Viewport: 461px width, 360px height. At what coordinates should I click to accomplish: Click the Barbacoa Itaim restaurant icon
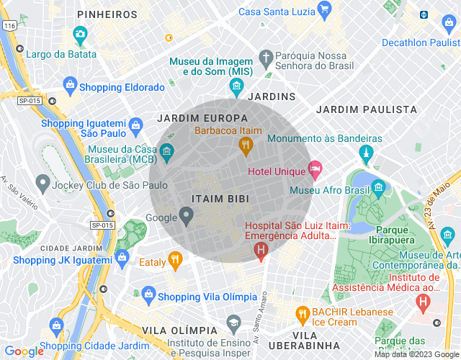(x=245, y=146)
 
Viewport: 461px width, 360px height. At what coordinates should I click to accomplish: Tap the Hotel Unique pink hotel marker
(x=314, y=169)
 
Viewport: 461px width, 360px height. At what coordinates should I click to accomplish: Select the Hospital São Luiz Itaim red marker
(x=261, y=250)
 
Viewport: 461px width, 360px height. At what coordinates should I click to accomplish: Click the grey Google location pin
(x=186, y=215)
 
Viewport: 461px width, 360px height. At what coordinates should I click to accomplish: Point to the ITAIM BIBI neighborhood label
(x=221, y=198)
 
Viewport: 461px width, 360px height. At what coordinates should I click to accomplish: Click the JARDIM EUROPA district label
(x=202, y=118)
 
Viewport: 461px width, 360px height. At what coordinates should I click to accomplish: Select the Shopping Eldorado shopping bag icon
(x=70, y=87)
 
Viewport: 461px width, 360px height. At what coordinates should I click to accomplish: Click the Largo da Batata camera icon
(x=80, y=34)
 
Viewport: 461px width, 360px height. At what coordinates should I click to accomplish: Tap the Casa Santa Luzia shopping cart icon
(x=324, y=9)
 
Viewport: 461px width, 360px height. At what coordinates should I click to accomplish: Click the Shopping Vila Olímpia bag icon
(x=148, y=294)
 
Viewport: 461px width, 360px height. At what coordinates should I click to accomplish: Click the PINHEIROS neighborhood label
(x=107, y=14)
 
